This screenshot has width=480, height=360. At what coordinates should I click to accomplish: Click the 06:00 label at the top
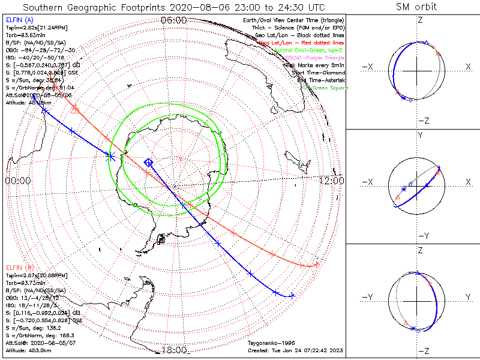click(174, 20)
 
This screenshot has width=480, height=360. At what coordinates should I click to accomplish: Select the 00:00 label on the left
click(18, 180)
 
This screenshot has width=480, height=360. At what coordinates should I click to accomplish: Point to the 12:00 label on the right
click(331, 180)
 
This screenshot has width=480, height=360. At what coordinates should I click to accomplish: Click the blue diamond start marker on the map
click(148, 163)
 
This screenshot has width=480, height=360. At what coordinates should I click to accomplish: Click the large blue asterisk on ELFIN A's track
click(110, 156)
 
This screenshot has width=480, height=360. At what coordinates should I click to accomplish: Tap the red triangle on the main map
click(74, 109)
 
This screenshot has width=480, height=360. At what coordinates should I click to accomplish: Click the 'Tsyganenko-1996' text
click(267, 343)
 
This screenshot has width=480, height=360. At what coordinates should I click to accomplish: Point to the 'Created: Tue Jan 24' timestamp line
click(295, 350)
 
